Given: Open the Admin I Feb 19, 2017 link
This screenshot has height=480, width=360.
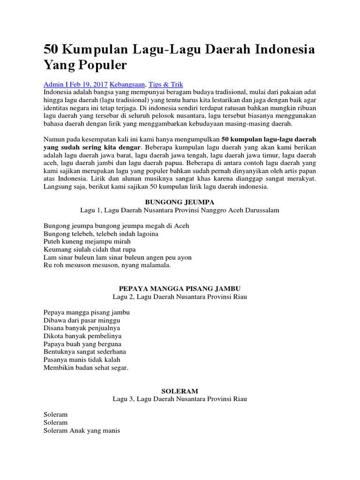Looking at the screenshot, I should point(75,84).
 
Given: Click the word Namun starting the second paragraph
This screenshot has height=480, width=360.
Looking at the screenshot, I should point(55,140).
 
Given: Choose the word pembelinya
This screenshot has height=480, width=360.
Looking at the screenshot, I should point(102,336).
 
